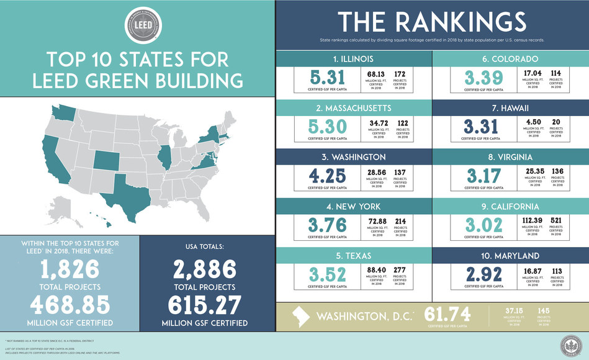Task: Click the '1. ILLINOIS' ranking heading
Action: (353, 59)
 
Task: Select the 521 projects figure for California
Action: (556, 222)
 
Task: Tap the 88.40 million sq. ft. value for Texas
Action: (376, 271)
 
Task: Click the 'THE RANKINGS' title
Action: (431, 22)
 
